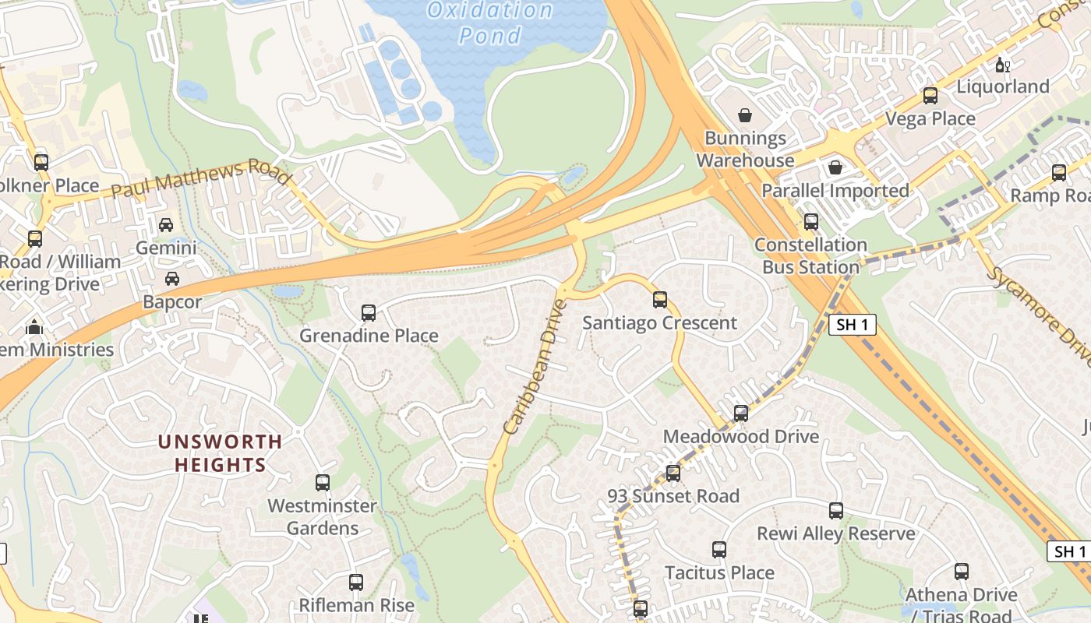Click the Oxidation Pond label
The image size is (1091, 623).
pos(490,23)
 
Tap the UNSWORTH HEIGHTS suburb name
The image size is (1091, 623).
pos(220,453)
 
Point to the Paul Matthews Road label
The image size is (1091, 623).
pos(201,178)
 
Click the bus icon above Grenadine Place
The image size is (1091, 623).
pos(369,313)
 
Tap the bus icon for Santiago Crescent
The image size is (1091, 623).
pos(660,300)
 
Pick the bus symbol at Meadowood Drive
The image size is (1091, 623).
pos(741,414)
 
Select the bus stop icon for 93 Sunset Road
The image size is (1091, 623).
pos(673,473)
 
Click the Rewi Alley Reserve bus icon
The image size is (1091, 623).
pos(836,511)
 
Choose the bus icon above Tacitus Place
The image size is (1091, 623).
pos(719,550)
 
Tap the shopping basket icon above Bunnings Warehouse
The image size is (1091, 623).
pos(745,115)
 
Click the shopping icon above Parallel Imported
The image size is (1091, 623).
pos(835,167)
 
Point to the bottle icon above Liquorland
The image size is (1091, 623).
pos(1002,65)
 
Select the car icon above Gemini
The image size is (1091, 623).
pos(166,225)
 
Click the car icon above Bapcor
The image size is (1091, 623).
pos(172,279)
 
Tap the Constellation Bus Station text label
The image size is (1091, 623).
pos(810,255)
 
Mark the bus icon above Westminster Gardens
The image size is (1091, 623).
pos(323,483)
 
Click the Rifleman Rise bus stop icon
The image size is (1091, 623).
pos(356,583)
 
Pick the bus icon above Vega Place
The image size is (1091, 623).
pos(930,96)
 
